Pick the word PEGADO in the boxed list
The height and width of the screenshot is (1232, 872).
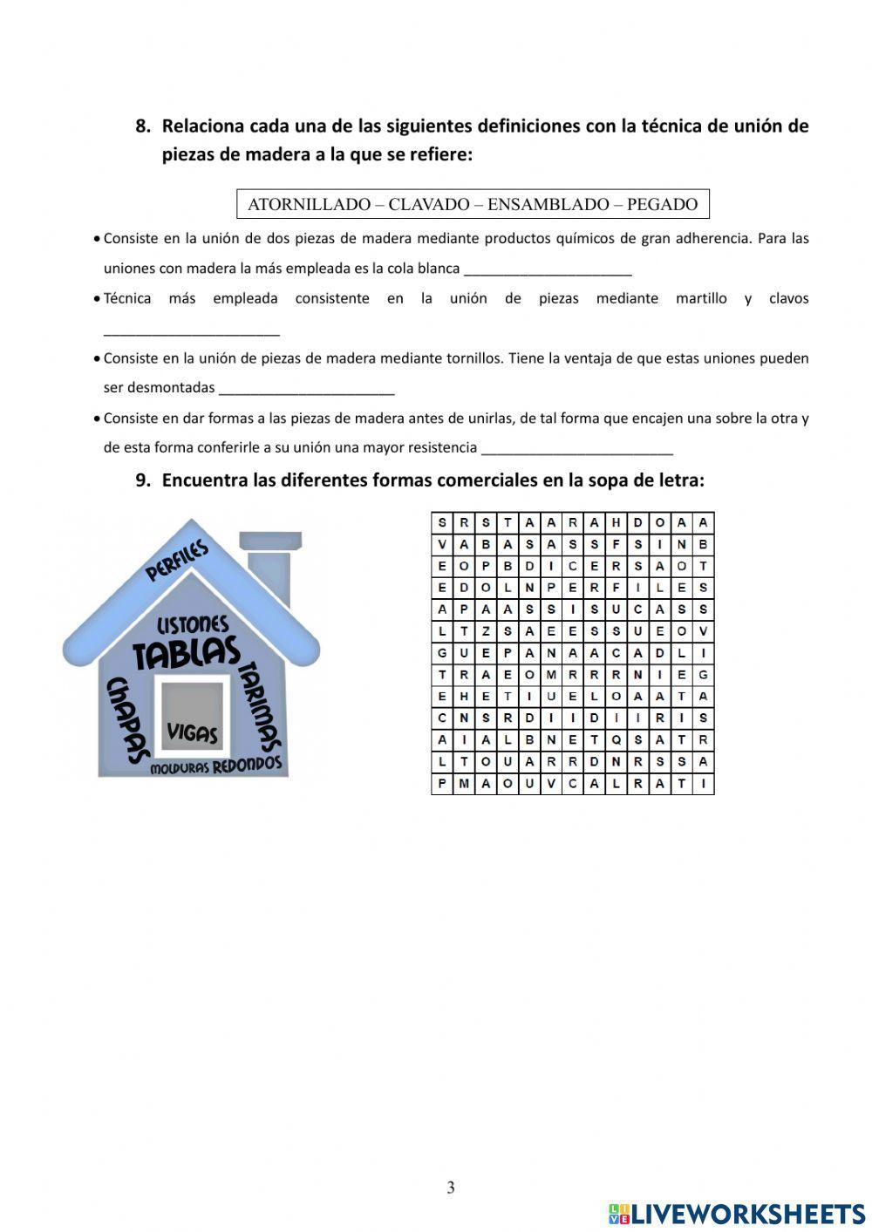coord(662,205)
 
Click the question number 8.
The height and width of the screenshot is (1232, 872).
coord(143,126)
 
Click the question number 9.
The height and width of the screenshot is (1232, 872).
coord(143,480)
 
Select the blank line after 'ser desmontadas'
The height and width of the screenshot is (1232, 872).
coord(306,390)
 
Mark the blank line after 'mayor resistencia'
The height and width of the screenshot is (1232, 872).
coord(576,450)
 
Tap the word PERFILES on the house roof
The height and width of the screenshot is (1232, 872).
coord(177,561)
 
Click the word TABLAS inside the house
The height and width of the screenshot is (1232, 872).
coord(186,652)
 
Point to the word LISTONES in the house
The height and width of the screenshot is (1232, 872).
coord(193,625)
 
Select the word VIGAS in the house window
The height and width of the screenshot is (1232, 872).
coord(192,732)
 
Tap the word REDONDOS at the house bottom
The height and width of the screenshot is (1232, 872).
coord(248,765)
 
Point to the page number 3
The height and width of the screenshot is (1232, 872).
coord(450,1188)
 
